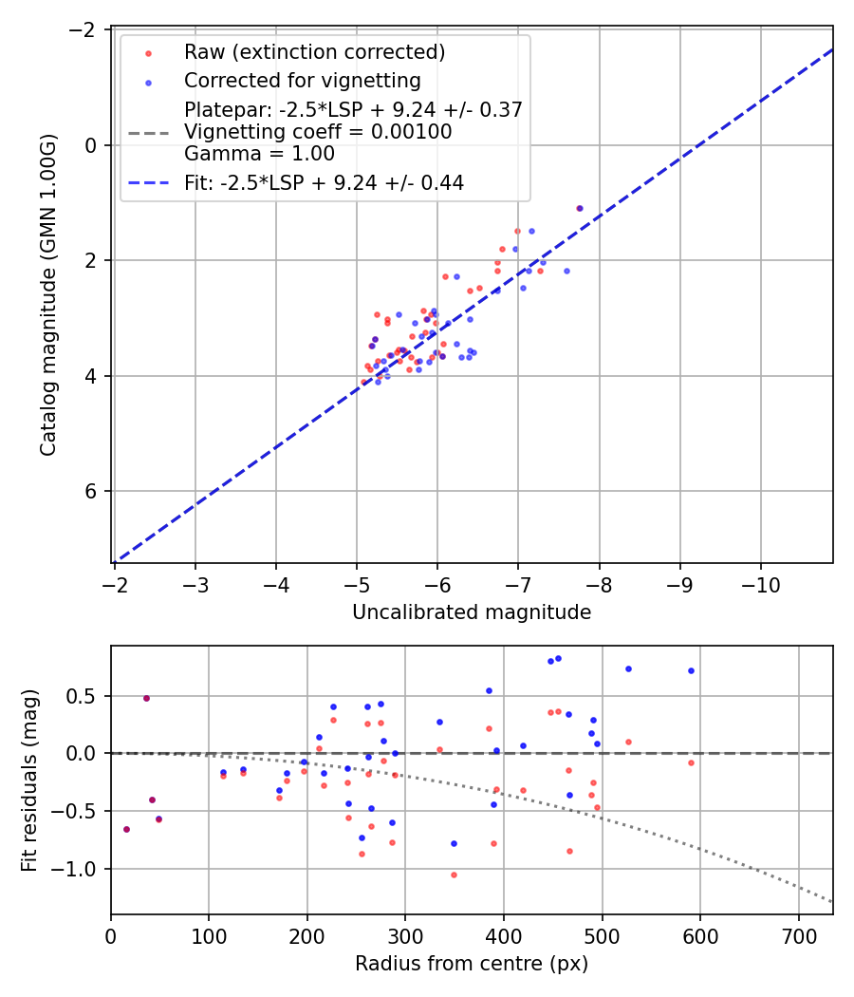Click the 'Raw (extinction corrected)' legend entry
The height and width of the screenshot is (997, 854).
pyautogui.click(x=314, y=51)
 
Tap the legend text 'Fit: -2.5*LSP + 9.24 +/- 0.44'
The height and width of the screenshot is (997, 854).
pyautogui.click(x=324, y=183)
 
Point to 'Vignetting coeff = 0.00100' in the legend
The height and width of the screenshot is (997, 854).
pyautogui.click(x=318, y=132)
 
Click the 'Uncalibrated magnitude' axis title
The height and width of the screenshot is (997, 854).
pyautogui.click(x=472, y=612)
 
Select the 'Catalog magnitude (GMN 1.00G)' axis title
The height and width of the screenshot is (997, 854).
pyautogui.click(x=48, y=294)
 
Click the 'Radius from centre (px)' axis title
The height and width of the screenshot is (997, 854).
pyautogui.click(x=472, y=964)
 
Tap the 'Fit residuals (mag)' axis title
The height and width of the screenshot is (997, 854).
pyautogui.click(x=29, y=780)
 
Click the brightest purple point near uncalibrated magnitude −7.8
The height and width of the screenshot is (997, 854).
pyautogui.click(x=580, y=208)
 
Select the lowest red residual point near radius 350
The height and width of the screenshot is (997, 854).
pyautogui.click(x=454, y=875)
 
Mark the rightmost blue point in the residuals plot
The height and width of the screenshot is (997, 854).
pyautogui.click(x=691, y=670)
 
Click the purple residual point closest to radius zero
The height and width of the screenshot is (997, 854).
pyautogui.click(x=126, y=829)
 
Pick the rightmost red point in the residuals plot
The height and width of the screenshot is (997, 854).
pyautogui.click(x=691, y=762)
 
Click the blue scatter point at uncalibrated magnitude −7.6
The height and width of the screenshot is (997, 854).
pyautogui.click(x=566, y=271)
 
